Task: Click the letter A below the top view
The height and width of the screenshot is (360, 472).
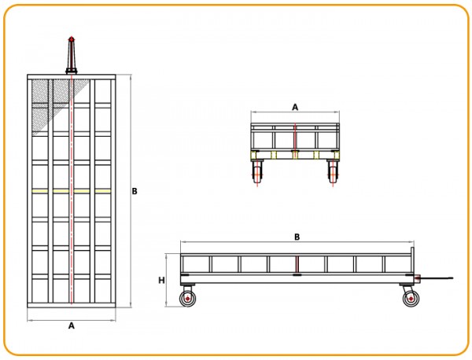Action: pyautogui.click(x=72, y=325)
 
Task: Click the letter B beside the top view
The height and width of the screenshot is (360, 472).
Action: pyautogui.click(x=135, y=191)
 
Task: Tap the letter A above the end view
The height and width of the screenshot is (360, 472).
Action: pyautogui.click(x=295, y=107)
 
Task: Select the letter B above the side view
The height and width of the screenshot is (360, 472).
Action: pyautogui.click(x=297, y=237)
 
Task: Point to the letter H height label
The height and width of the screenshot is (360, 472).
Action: pyautogui.click(x=161, y=281)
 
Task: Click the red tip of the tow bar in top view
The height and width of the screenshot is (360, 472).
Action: pyautogui.click(x=72, y=39)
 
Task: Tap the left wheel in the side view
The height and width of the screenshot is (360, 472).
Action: pyautogui.click(x=187, y=299)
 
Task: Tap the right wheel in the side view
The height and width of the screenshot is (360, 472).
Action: pyautogui.click(x=411, y=299)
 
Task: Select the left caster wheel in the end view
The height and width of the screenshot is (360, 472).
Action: pyautogui.click(x=257, y=173)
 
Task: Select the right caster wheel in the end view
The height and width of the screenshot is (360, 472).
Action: pyautogui.click(x=333, y=173)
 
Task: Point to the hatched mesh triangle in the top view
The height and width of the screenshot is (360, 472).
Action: pyautogui.click(x=57, y=101)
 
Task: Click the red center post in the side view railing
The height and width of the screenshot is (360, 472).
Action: pyautogui.click(x=297, y=264)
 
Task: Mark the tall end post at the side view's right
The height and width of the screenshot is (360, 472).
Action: pyautogui.click(x=412, y=260)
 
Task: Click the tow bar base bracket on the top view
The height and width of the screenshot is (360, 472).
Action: pyautogui.click(x=72, y=72)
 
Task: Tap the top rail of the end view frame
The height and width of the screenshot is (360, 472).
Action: pyautogui.click(x=295, y=124)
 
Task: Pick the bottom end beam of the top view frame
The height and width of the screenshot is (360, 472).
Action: pyautogui.click(x=72, y=305)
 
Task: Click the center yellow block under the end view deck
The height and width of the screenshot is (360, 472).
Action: pyautogui.click(x=295, y=155)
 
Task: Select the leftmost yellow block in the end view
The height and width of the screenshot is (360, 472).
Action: pyautogui.click(x=253, y=155)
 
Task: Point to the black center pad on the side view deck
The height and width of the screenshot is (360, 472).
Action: pyautogui.click(x=297, y=274)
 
